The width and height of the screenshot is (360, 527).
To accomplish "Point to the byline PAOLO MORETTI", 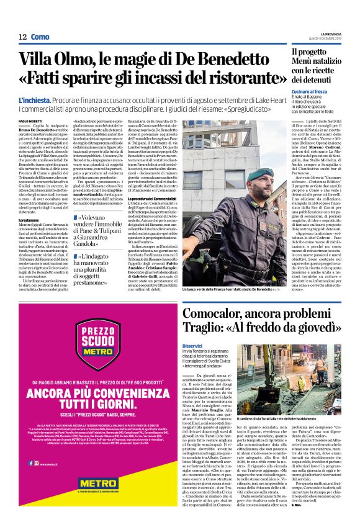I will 31,120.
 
